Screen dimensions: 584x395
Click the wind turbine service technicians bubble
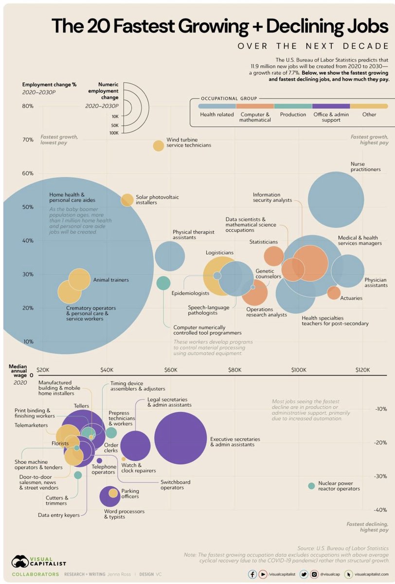point(158,146)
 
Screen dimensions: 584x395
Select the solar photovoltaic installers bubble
point(127,200)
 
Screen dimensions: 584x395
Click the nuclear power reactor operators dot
point(312,486)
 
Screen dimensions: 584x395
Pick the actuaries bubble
point(334,292)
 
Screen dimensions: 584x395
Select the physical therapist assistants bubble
point(170,256)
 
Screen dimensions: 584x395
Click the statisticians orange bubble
point(274,256)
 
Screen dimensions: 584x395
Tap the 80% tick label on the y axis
point(27,106)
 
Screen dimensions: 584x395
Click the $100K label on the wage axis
point(298,370)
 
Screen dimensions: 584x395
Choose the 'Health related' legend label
point(216,115)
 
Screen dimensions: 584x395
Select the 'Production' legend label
point(293,115)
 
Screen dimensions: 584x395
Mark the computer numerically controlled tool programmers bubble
point(163,282)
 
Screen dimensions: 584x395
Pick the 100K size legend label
point(115,132)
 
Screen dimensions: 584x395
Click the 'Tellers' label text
point(81,405)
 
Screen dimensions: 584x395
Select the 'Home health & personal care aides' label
point(72,197)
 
